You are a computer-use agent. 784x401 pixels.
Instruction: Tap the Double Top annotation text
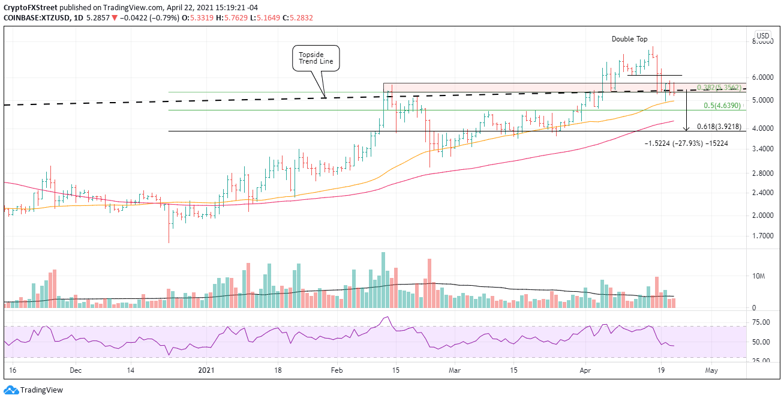[629, 39]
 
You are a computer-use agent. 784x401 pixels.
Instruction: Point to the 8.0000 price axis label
[762, 41]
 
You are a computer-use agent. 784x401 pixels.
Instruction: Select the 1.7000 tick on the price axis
[762, 236]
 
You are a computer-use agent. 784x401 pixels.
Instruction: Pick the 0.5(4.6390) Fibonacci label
[723, 106]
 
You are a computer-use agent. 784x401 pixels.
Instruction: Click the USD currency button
[762, 35]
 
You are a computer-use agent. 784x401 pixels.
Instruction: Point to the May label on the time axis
[711, 370]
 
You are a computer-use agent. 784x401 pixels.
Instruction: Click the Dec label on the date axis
[75, 370]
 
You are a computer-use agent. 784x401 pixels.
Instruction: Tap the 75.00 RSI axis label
[761, 322]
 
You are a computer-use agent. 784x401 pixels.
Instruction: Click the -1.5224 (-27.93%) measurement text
[686, 143]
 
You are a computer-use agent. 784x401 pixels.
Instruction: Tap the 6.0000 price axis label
[762, 77]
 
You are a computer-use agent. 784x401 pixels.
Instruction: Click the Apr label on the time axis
[585, 370]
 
